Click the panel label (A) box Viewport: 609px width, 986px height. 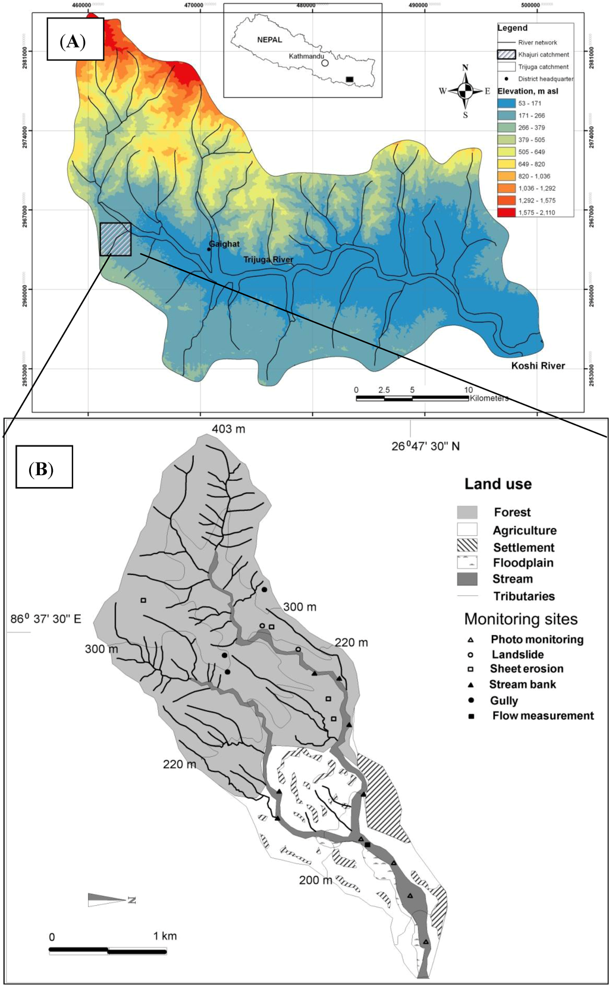[75, 39]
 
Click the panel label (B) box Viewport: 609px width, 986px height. [44, 467]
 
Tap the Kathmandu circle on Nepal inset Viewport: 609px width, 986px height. [325, 62]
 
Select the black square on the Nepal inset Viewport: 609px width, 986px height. [350, 79]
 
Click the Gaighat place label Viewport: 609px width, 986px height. [224, 244]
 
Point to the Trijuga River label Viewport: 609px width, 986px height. [268, 260]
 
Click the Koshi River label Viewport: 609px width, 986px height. [538, 366]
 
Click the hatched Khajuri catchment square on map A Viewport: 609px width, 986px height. [115, 239]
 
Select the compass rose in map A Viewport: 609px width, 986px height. [466, 91]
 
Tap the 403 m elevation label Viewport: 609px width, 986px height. [228, 429]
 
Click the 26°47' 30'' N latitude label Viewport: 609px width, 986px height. [425, 446]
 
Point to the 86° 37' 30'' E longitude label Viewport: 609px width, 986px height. [46, 619]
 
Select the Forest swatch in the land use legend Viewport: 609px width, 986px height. [467, 512]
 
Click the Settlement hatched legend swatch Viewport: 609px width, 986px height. [467, 545]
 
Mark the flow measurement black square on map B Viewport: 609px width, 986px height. [368, 845]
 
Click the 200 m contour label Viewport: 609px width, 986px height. [315, 880]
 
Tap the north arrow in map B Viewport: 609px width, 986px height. [110, 899]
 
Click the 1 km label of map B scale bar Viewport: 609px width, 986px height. [165, 936]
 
